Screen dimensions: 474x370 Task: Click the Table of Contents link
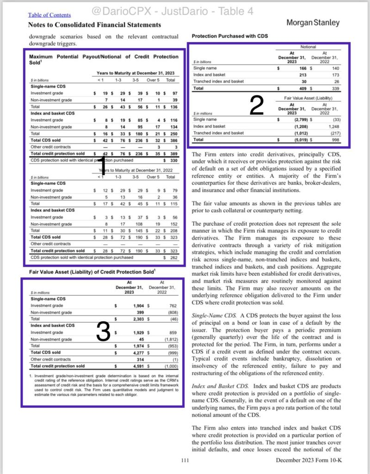49,15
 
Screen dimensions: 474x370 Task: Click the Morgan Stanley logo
313,22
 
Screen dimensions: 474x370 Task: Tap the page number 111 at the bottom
185,460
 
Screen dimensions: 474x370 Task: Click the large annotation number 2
257,105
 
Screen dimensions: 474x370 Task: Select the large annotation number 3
103,331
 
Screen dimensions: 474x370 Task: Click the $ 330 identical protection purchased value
171,160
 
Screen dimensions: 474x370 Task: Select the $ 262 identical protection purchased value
171,257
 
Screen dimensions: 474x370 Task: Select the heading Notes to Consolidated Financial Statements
95,25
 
